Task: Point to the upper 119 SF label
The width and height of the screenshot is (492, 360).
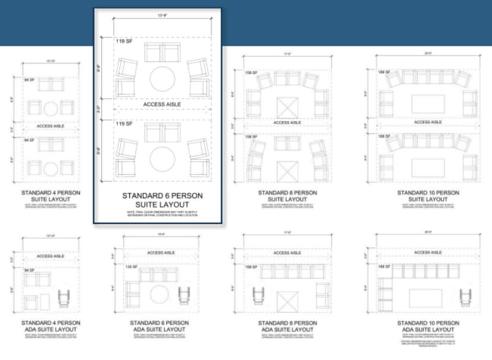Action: coord(124,41)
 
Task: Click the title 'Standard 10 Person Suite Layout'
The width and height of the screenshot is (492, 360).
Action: coord(427,196)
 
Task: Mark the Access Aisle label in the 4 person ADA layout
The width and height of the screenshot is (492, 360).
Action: coord(50,256)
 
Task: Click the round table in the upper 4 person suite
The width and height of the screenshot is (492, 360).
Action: coord(50,108)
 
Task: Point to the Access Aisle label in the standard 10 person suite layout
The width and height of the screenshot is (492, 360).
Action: coord(427,122)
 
